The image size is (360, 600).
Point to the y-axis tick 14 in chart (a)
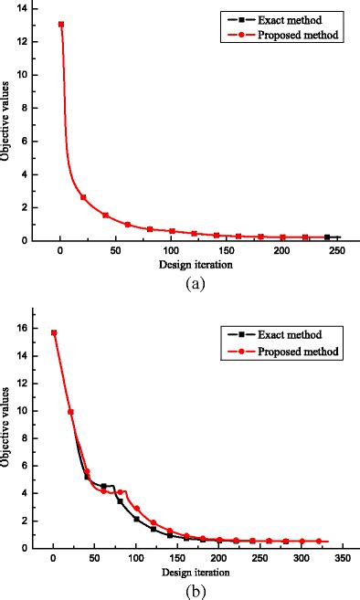21,8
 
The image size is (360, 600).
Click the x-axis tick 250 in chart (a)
338,252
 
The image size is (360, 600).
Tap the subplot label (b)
193,591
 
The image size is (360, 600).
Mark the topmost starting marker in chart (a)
61,25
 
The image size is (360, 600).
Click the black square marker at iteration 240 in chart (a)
327,237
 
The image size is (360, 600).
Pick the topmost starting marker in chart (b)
54,333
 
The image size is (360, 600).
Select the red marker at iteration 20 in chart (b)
70,412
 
